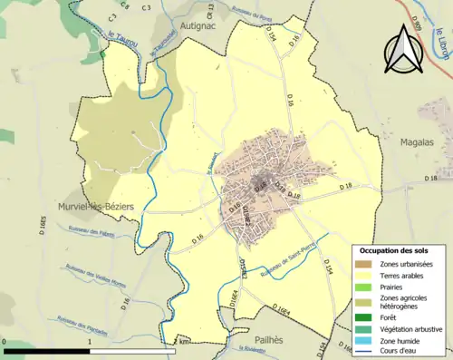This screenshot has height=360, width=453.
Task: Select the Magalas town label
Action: click(x=419, y=141)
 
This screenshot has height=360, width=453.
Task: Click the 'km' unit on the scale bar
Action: click(x=186, y=342)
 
